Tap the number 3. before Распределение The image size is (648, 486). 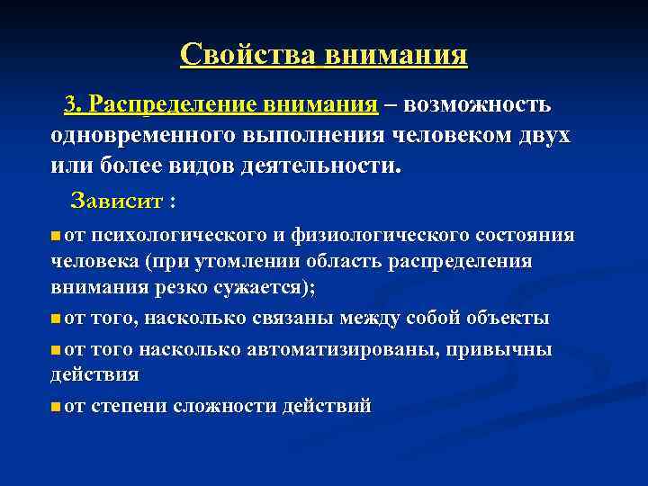73,105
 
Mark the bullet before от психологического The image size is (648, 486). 57,236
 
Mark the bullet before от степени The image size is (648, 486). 57,407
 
